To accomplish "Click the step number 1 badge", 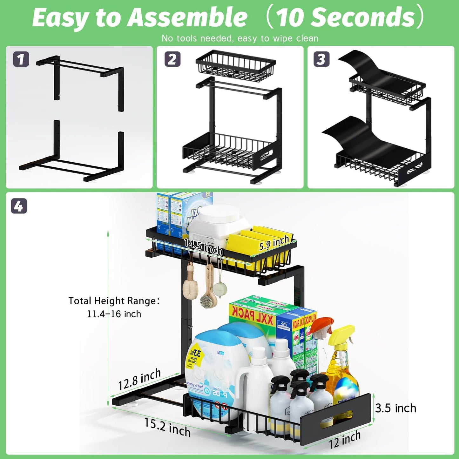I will pyautogui.click(x=21, y=59).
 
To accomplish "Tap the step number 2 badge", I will pyautogui.click(x=172, y=59).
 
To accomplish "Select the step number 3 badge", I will pyautogui.click(x=321, y=59).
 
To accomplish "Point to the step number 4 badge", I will pyautogui.click(x=19, y=206).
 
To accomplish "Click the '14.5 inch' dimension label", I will pyautogui.click(x=203, y=247).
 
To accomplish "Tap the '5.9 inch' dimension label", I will pyautogui.click(x=274, y=243).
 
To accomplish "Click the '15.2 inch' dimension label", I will pyautogui.click(x=167, y=427).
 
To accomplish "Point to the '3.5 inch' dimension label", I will pyautogui.click(x=395, y=408).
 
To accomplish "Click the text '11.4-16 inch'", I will pyautogui.click(x=114, y=314).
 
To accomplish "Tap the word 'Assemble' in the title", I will pyautogui.click(x=187, y=17).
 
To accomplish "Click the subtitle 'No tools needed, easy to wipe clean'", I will pyautogui.click(x=240, y=38).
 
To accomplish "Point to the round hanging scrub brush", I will pyautogui.click(x=220, y=290).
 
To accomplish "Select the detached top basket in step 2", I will pyautogui.click(x=235, y=66).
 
